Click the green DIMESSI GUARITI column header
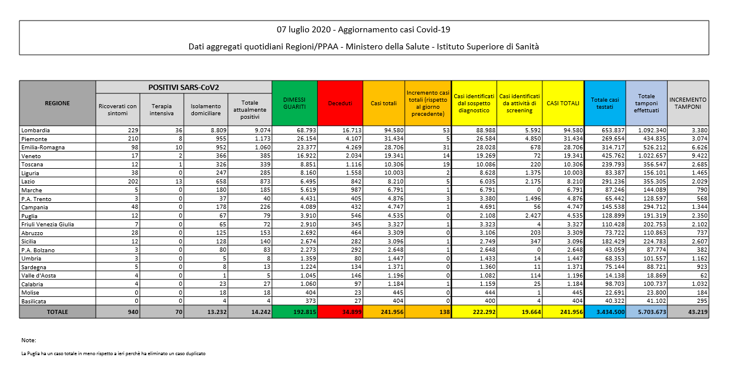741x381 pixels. click(294, 103)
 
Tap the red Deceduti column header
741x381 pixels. click(340, 103)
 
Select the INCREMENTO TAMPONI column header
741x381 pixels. click(688, 103)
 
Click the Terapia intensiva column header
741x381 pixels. click(162, 109)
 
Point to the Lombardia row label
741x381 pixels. click(36, 129)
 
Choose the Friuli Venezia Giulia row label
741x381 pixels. click(48, 224)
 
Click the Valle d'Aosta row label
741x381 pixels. click(39, 275)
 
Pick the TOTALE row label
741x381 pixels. click(58, 312)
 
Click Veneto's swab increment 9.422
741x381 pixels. click(698, 156)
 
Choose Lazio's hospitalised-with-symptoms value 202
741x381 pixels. click(132, 181)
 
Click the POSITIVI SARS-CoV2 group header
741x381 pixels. click(184, 87)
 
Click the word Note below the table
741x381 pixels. click(28, 340)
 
